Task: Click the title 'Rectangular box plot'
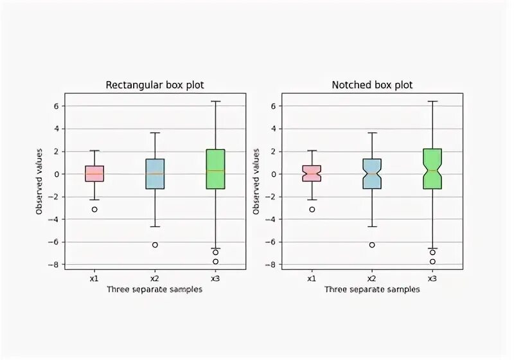154,85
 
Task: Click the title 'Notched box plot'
372,85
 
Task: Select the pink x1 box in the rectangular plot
94,174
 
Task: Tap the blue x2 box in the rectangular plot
155,174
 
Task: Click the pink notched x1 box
312,174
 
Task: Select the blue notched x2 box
372,174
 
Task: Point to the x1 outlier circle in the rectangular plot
94,210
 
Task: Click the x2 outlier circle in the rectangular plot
155,245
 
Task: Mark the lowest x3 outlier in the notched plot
432,262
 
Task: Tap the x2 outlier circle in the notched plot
372,245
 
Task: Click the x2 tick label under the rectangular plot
155,278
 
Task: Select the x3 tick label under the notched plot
432,278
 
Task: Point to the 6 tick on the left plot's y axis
58,106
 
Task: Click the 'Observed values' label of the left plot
39,181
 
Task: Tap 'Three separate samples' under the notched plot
372,289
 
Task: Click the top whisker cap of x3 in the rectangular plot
215,102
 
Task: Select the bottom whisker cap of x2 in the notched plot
372,226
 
